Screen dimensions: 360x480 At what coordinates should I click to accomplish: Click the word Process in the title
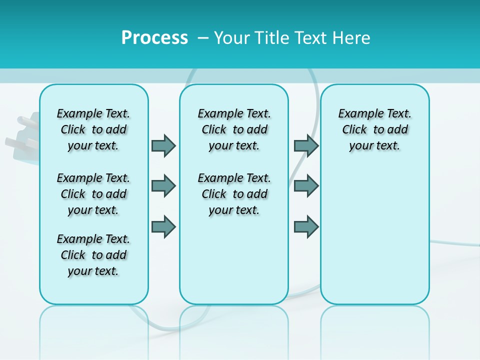click(154, 38)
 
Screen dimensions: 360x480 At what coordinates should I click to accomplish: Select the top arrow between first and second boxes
click(163, 145)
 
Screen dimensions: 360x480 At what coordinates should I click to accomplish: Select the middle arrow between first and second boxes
click(163, 186)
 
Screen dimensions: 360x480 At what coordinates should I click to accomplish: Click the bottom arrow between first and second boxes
click(163, 226)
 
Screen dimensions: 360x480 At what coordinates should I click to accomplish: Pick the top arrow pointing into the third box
click(306, 145)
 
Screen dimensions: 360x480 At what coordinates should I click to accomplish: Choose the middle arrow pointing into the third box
click(306, 186)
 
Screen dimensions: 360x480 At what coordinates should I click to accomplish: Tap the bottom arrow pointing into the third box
click(306, 226)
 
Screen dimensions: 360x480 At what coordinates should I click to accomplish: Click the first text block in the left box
click(93, 129)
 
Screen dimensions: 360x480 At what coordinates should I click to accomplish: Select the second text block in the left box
click(93, 194)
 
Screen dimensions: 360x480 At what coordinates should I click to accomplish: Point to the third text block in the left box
click(93, 255)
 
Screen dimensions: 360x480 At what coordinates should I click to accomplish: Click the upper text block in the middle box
click(234, 129)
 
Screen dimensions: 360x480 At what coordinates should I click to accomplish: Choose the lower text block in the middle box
click(234, 194)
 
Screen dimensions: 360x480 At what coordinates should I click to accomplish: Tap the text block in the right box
click(374, 129)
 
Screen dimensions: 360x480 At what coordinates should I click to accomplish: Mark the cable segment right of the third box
click(455, 243)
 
